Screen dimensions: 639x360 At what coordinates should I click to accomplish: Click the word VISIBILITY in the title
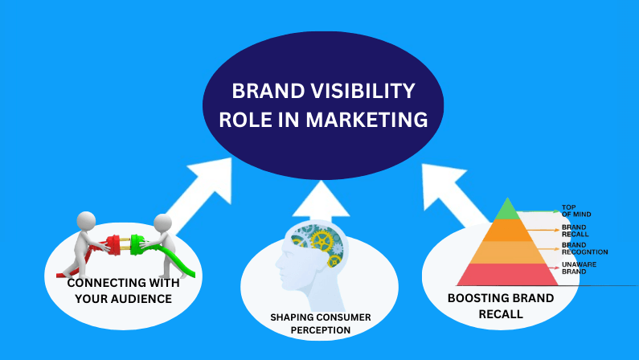pyautogui.click(x=363, y=91)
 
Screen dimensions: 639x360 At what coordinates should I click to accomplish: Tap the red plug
pyautogui.click(x=113, y=244)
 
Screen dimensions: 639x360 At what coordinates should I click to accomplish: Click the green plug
pyautogui.click(x=138, y=244)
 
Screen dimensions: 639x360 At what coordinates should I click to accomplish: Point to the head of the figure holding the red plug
pyautogui.click(x=86, y=221)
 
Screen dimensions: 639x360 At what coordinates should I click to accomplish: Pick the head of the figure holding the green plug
pyautogui.click(x=162, y=223)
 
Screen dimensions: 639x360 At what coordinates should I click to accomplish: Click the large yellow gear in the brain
pyautogui.click(x=322, y=241)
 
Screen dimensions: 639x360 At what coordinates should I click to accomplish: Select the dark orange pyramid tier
pyautogui.click(x=507, y=230)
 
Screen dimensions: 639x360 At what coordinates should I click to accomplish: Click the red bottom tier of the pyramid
pyautogui.click(x=507, y=275)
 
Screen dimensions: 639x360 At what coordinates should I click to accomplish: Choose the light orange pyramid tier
pyautogui.click(x=507, y=252)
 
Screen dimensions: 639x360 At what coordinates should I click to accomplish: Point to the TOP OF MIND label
pyautogui.click(x=576, y=211)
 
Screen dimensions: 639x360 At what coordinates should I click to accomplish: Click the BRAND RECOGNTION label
pyautogui.click(x=585, y=248)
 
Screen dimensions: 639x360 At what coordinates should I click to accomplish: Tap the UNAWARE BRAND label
pyautogui.click(x=579, y=268)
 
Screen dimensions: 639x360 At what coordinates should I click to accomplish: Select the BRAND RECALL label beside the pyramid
pyautogui.click(x=575, y=231)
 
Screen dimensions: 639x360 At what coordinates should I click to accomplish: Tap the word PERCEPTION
pyautogui.click(x=321, y=330)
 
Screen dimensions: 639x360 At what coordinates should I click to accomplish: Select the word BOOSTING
pyautogui.click(x=476, y=298)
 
